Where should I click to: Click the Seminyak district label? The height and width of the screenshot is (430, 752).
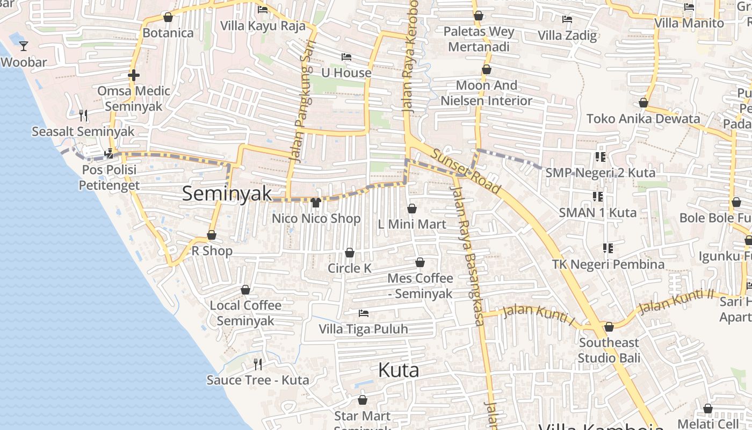click(227, 193)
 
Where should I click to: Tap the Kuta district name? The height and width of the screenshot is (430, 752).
click(399, 370)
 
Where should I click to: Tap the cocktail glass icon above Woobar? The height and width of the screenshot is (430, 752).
click(24, 46)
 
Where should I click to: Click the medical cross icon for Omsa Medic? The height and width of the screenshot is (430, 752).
click(134, 75)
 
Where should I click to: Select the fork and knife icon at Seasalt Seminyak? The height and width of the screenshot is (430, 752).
click(83, 115)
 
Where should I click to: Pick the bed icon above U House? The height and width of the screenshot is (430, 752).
click(346, 57)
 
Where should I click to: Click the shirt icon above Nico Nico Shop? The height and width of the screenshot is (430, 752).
click(316, 203)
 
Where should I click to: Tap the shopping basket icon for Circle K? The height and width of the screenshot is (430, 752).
click(350, 253)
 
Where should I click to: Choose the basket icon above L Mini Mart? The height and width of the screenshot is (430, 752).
click(412, 209)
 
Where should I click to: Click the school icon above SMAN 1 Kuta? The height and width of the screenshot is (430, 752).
click(597, 197)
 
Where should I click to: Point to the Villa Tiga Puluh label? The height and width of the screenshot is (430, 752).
click(364, 329)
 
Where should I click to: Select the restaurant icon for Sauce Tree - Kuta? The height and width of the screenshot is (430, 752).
click(258, 364)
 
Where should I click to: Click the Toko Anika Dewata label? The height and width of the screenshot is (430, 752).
click(643, 119)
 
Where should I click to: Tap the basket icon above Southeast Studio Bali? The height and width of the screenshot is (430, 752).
click(609, 327)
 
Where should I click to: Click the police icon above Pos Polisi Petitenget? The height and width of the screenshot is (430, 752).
click(109, 154)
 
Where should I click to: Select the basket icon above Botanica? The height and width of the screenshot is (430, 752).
click(168, 17)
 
